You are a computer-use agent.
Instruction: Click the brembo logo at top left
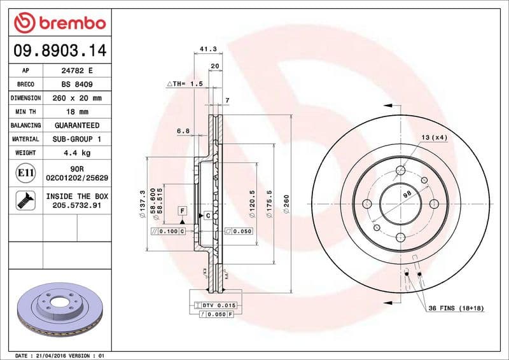click(x=59, y=24)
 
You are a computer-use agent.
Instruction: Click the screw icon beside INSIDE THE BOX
click(x=25, y=201)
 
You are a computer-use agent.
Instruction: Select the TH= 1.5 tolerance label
click(x=185, y=83)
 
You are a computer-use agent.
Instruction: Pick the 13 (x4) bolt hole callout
click(x=435, y=137)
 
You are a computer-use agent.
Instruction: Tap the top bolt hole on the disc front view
click(x=401, y=170)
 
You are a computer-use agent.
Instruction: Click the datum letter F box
click(x=182, y=210)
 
